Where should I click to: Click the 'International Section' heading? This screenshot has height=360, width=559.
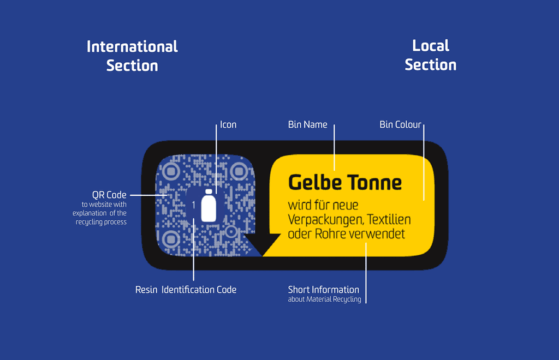point(132,56)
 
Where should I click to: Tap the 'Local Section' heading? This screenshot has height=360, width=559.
point(431,55)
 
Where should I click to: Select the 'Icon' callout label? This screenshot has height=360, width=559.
point(228,124)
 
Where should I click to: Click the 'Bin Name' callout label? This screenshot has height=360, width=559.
point(308,124)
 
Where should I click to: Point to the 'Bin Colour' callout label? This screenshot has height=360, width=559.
point(400,124)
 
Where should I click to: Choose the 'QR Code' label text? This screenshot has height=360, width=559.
point(109,195)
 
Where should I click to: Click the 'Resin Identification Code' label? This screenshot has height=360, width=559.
point(186,290)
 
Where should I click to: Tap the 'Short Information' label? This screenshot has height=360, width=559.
point(324,290)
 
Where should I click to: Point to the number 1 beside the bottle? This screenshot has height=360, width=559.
point(194,205)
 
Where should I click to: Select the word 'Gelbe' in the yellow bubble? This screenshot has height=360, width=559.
point(315,183)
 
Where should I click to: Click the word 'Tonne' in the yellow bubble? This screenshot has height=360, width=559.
point(374,183)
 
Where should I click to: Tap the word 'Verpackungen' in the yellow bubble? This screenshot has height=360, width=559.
point(326,220)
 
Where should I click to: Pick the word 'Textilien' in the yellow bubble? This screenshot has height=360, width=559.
point(389,219)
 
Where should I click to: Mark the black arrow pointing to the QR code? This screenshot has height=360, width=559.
point(263,244)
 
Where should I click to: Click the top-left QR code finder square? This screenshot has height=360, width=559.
point(171,172)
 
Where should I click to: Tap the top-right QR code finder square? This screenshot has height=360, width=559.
point(239,172)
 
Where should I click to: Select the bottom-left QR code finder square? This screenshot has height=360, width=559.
point(171,239)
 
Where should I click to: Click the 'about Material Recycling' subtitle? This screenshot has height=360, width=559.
point(324,299)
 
